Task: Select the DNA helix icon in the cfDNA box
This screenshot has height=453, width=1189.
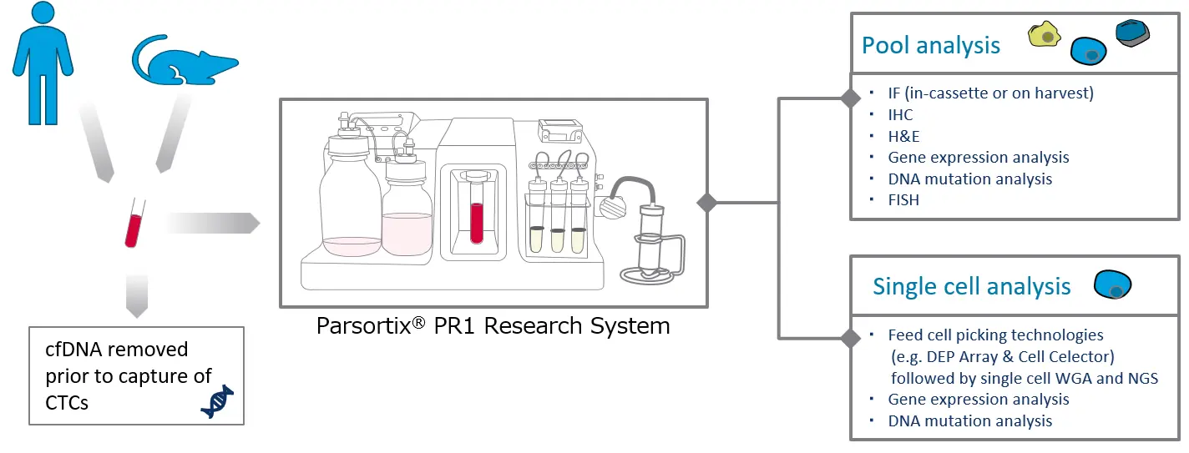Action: [x=216, y=401]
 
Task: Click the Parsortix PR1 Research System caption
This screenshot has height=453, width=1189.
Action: [x=493, y=325]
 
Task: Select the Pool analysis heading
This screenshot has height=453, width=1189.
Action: [x=931, y=45]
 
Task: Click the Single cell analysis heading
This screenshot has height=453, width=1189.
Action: [x=971, y=287]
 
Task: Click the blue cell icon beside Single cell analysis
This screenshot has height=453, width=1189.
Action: [x=1112, y=284]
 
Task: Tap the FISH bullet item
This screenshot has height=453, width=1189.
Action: [x=904, y=200]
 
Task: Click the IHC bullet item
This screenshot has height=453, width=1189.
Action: [x=901, y=114]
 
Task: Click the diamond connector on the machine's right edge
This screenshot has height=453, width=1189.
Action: [x=707, y=203]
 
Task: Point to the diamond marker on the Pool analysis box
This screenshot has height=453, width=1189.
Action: [x=850, y=99]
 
